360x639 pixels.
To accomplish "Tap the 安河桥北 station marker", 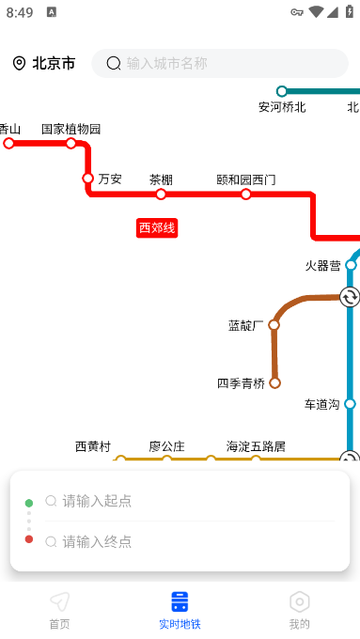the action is pyautogui.click(x=282, y=91).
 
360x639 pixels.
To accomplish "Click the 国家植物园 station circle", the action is pyautogui.click(x=70, y=143).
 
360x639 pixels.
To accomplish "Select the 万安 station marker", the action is pyautogui.click(x=87, y=179).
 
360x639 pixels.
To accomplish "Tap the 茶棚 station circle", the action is pyautogui.click(x=161, y=195).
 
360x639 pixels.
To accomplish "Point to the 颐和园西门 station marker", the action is pyautogui.click(x=246, y=195).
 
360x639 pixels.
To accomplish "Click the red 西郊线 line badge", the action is pyautogui.click(x=157, y=227).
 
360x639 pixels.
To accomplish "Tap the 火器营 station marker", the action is pyautogui.click(x=351, y=265).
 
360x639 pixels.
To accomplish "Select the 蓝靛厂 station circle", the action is pyautogui.click(x=274, y=325).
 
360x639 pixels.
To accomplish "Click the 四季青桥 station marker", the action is pyautogui.click(x=274, y=383).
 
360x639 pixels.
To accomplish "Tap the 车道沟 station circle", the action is pyautogui.click(x=350, y=404).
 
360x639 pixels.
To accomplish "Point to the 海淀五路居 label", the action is pyautogui.click(x=256, y=446).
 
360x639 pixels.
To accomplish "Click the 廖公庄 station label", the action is pyautogui.click(x=166, y=446).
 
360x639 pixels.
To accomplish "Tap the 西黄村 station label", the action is pyautogui.click(x=93, y=446).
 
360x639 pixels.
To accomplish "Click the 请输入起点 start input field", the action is pyautogui.click(x=190, y=501).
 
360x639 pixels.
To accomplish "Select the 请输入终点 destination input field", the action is pyautogui.click(x=190, y=541).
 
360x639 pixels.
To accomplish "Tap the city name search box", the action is pyautogui.click(x=220, y=64).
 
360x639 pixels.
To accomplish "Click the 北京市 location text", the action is pyautogui.click(x=54, y=64).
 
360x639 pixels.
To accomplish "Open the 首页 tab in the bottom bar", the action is pyautogui.click(x=59, y=610).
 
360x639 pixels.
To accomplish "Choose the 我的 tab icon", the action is pyautogui.click(x=300, y=601).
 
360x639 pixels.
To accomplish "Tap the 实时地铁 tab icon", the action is pyautogui.click(x=180, y=601).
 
